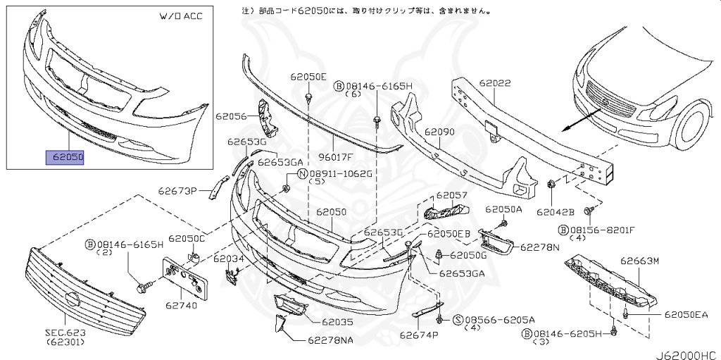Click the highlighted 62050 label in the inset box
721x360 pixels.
65,157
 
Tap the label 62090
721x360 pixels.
439,131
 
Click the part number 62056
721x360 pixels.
231,116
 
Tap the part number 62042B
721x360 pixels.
556,211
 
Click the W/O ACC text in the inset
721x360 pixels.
182,16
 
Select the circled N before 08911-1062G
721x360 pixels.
301,173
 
